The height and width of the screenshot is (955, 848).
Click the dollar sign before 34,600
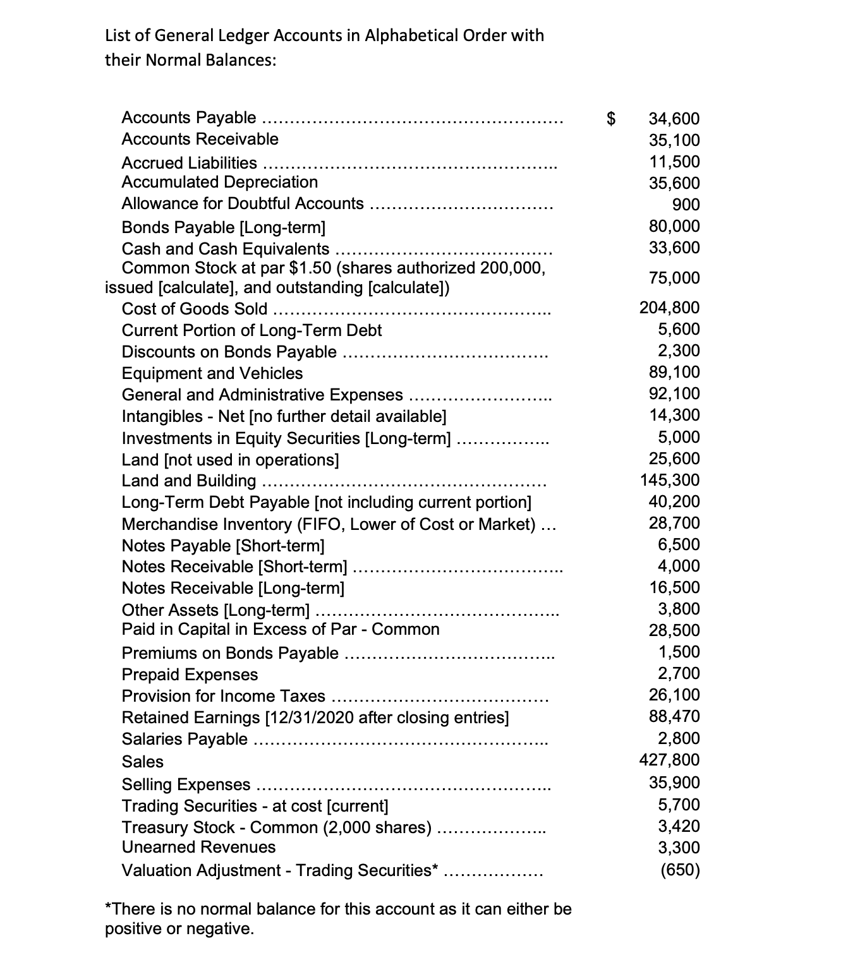610,118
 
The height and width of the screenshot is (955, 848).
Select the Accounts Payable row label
188,117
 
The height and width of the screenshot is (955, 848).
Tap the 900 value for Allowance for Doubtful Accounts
686,205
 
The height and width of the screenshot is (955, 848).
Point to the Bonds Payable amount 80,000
674,226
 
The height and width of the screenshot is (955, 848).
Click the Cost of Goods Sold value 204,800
670,308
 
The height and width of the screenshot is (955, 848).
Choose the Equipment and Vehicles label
212,373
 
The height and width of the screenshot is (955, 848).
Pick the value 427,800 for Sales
670,760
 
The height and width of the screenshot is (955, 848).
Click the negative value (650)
680,870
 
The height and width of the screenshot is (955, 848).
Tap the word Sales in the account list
142,762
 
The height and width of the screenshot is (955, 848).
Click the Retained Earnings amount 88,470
674,717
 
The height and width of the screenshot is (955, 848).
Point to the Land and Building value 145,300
670,480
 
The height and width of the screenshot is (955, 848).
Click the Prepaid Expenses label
190,675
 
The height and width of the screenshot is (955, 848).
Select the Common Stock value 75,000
674,278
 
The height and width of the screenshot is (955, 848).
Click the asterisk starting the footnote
107,908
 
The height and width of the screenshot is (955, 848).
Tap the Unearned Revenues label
198,847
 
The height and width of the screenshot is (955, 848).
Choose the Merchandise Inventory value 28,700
674,523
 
